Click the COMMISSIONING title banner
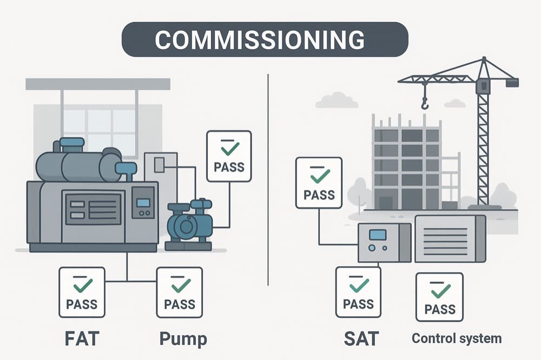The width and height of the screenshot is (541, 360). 265,39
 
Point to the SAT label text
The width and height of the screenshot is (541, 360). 360,339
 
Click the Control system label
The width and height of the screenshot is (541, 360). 457,339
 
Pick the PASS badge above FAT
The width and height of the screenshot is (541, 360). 82,292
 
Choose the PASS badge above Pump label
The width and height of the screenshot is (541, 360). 180,292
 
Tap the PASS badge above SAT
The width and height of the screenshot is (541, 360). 359,292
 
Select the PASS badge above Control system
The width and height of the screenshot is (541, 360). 439,297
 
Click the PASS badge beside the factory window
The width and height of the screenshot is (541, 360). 229,155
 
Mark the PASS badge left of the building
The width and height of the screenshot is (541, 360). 318,182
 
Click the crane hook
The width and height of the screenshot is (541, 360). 425,102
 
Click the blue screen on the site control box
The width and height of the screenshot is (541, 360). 377,234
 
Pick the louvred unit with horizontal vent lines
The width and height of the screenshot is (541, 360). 450,238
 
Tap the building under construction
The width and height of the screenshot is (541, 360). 406,162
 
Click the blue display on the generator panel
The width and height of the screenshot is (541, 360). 143,202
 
